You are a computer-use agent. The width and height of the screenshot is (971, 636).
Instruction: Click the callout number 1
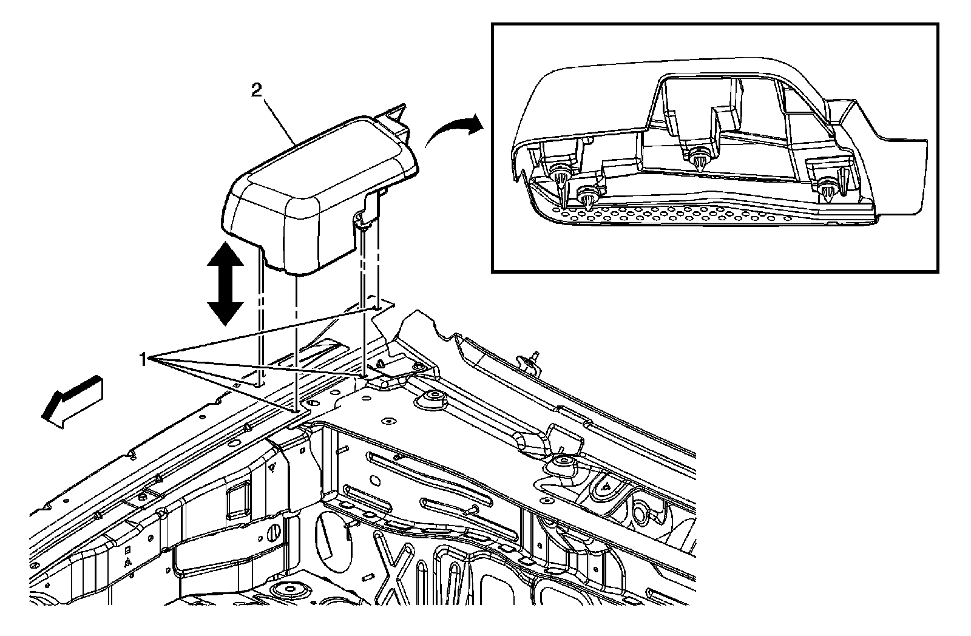tap(143, 360)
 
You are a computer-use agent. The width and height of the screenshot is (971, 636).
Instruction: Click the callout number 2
tap(257, 91)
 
